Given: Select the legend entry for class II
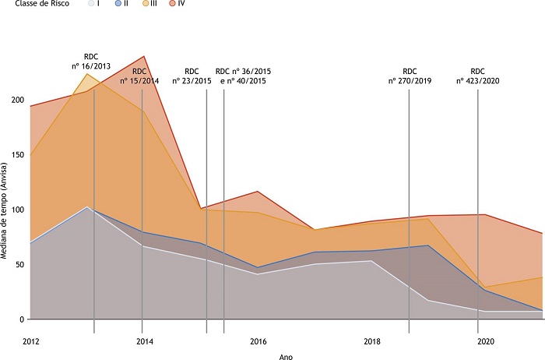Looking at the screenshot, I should pyautogui.click(x=121, y=4).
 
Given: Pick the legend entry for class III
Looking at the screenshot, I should pyautogui.click(x=148, y=4).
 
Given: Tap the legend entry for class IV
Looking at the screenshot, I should pyautogui.click(x=177, y=4).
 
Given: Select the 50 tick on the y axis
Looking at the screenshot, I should pyautogui.click(x=18, y=265).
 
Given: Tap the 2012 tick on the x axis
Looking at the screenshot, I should pyautogui.click(x=31, y=341).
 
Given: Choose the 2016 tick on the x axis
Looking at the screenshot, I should pyautogui.click(x=258, y=341).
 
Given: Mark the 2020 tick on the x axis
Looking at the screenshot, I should pyautogui.click(x=486, y=341).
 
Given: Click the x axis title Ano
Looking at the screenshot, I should pyautogui.click(x=286, y=356).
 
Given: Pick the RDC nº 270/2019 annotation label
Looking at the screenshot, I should pyautogui.click(x=410, y=76).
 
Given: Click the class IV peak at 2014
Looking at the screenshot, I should pyautogui.click(x=145, y=56).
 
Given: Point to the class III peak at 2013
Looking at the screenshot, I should pyautogui.click(x=88, y=74).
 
